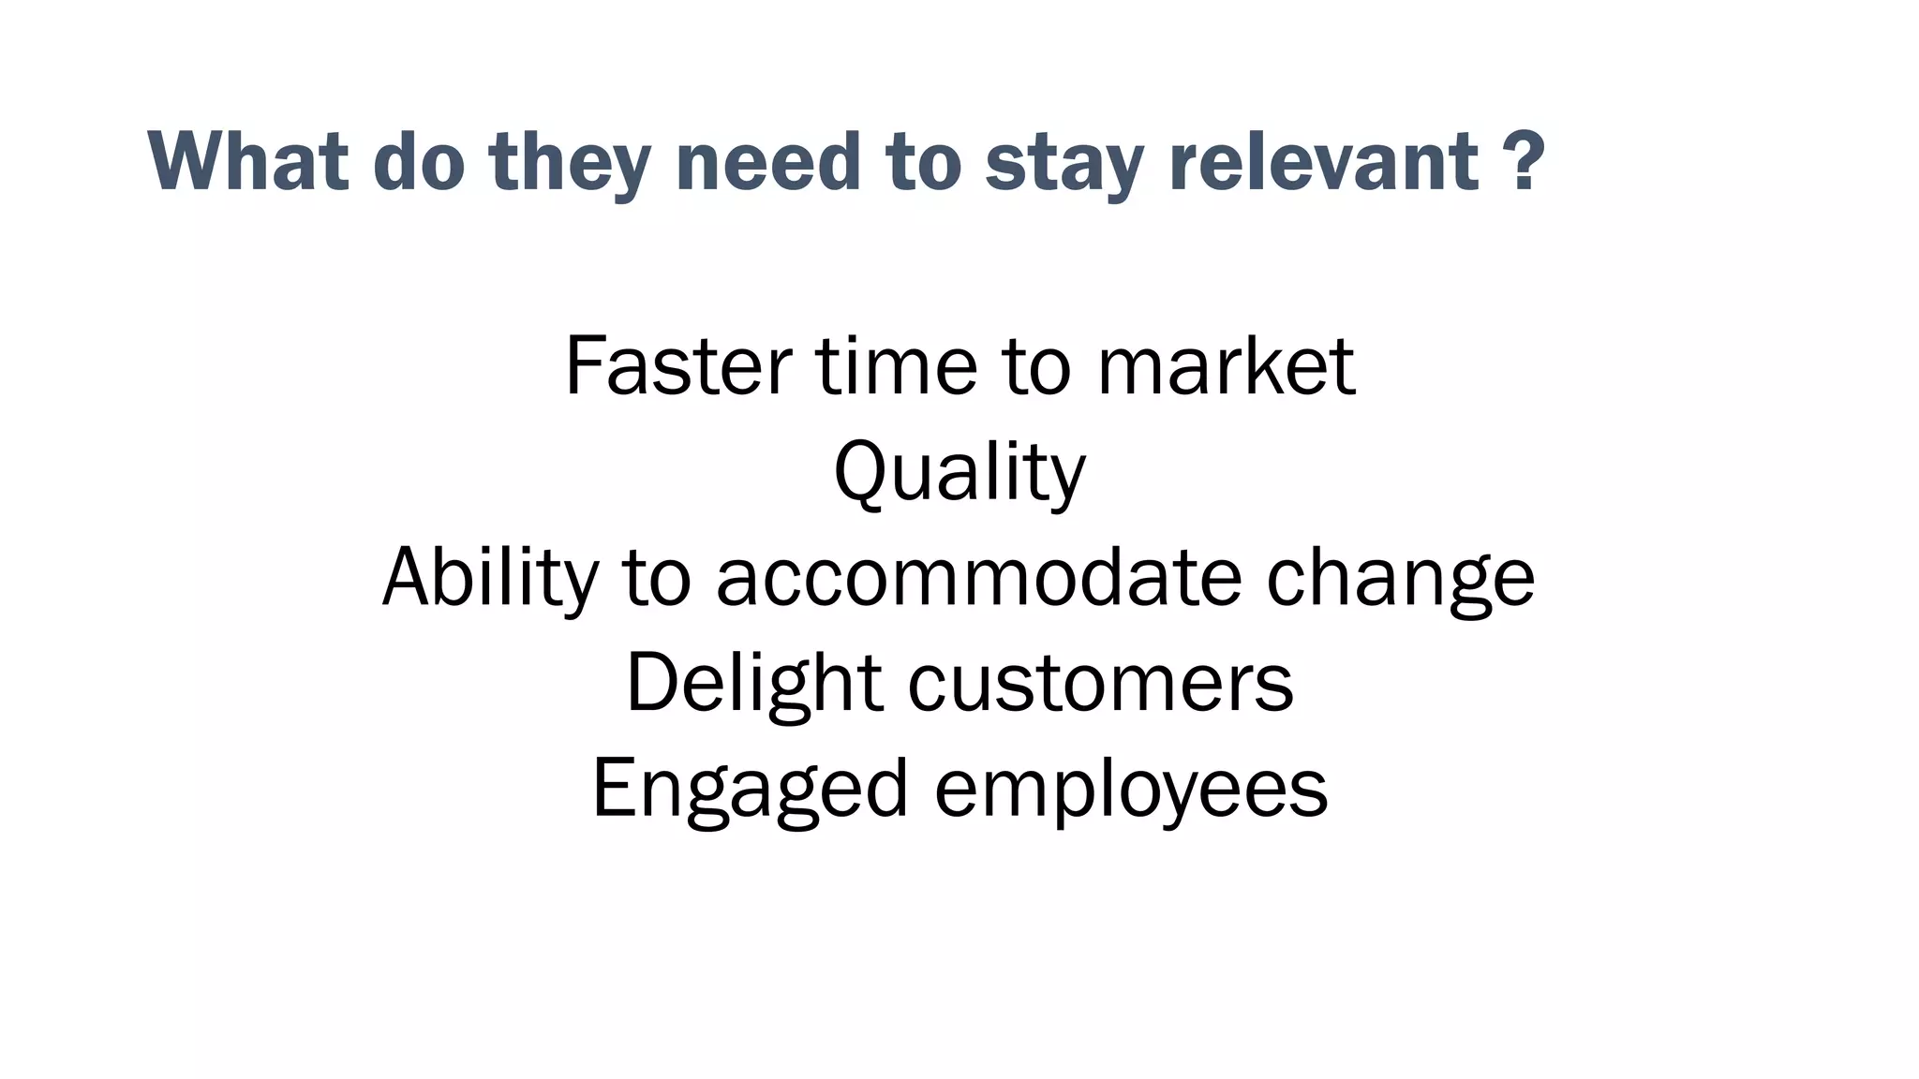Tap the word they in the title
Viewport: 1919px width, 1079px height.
coord(570,161)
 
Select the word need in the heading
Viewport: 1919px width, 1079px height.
coord(767,161)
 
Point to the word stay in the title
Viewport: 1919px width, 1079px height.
coord(1064,161)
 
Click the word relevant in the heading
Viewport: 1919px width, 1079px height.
coord(1324,161)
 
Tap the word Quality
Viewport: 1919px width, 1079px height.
coord(959,472)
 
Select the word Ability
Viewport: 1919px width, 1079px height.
coord(490,577)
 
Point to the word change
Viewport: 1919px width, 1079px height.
coord(1400,577)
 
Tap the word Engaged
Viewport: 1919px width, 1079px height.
coord(751,789)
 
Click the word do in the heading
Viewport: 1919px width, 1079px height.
coord(419,161)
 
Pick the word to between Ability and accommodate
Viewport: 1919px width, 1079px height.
coord(656,577)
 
